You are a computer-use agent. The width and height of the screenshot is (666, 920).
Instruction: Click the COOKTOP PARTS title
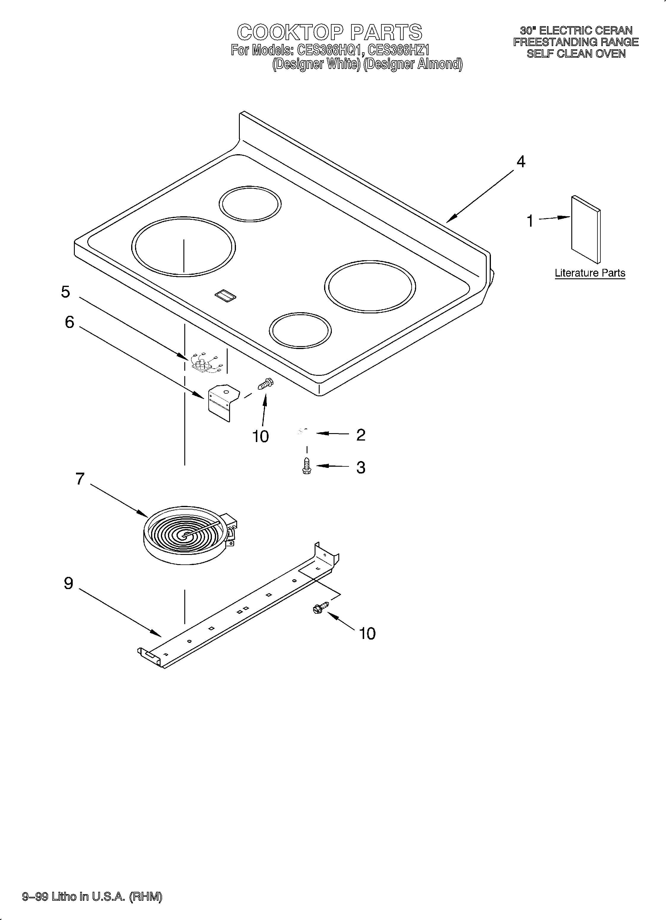point(329,32)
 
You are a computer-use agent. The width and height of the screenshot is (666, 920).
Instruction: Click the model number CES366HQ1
point(329,50)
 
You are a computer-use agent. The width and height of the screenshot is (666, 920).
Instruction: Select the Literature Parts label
point(590,273)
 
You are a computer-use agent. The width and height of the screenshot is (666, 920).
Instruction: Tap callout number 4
point(521,162)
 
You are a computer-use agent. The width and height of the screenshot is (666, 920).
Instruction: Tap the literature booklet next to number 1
point(586,229)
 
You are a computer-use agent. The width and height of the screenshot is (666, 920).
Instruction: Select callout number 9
point(69,583)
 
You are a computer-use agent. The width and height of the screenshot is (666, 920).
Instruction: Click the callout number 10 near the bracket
point(260,436)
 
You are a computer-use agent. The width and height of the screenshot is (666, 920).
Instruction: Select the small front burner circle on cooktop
point(300,330)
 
